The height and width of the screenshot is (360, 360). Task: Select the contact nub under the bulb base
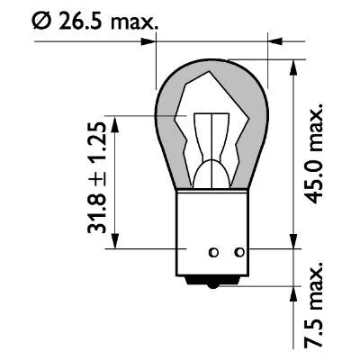(213, 280)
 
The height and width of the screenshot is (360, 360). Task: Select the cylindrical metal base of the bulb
(213, 229)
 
